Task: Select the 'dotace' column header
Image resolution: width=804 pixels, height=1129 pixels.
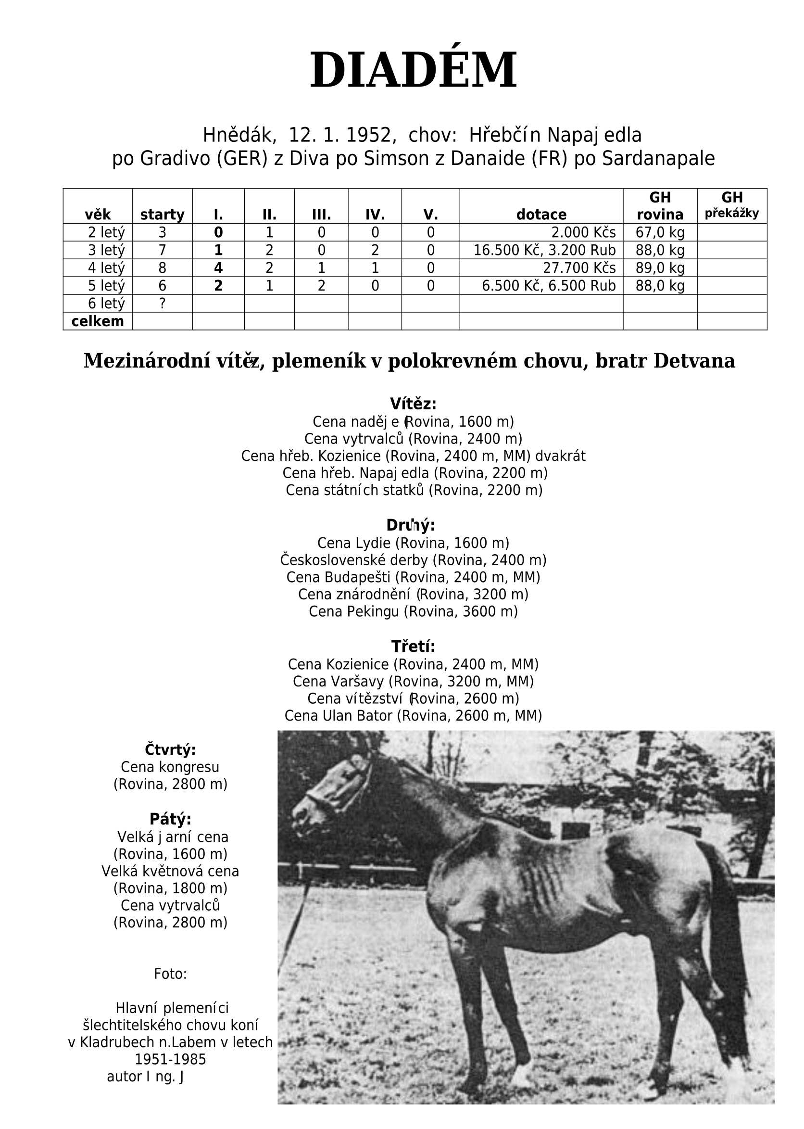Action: pyautogui.click(x=541, y=215)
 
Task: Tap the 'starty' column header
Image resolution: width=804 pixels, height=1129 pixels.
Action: pyautogui.click(x=162, y=215)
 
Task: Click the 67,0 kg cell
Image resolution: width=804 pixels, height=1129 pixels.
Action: pyautogui.click(x=659, y=232)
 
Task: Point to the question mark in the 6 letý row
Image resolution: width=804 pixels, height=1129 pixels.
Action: pyautogui.click(x=162, y=303)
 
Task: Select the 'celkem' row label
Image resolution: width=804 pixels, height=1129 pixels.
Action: pyautogui.click(x=98, y=321)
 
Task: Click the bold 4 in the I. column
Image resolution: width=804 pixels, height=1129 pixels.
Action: pyautogui.click(x=218, y=268)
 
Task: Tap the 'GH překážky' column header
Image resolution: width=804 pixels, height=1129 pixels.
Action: pyautogui.click(x=732, y=205)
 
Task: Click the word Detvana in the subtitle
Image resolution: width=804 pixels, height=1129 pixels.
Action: pyautogui.click(x=694, y=361)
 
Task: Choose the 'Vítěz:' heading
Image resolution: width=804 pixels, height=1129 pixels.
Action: pyautogui.click(x=413, y=404)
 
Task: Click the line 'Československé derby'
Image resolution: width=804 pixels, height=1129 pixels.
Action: pyautogui.click(x=413, y=560)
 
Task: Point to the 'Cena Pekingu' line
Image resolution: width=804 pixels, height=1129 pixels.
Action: pyautogui.click(x=413, y=611)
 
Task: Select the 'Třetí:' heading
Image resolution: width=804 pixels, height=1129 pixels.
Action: pyautogui.click(x=413, y=647)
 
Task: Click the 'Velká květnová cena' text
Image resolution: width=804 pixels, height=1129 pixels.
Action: pyautogui.click(x=170, y=871)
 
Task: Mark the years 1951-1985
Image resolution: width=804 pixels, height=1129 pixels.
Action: pyautogui.click(x=170, y=1059)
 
